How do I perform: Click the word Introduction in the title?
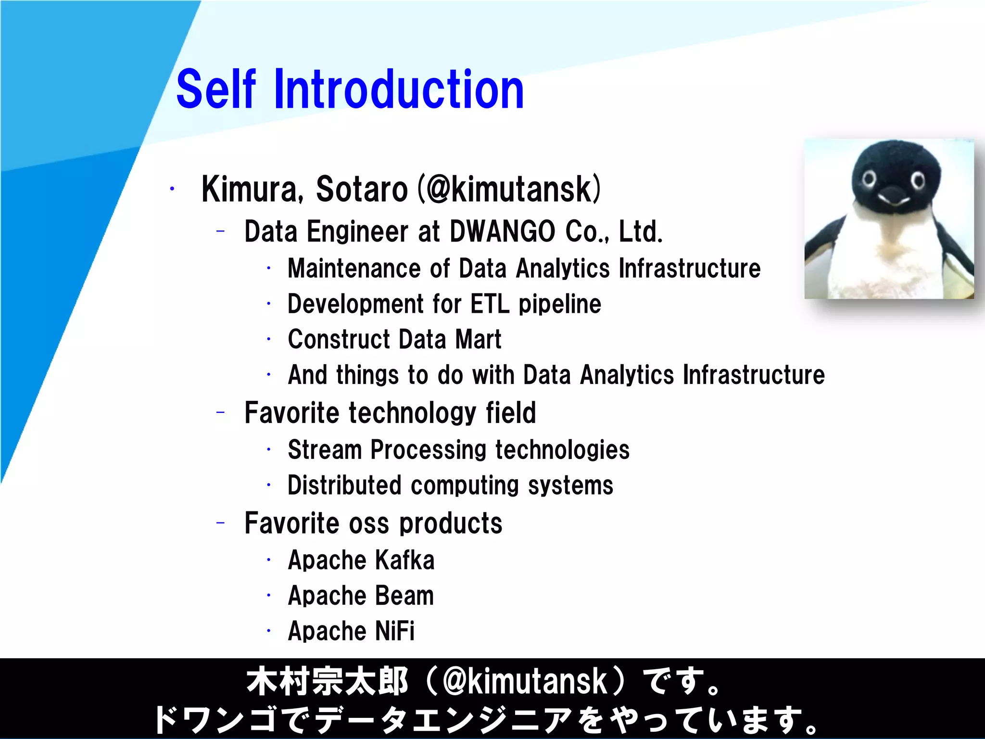click(399, 89)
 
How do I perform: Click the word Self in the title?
click(216, 89)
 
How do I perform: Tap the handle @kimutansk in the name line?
click(509, 189)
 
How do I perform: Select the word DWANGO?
click(502, 231)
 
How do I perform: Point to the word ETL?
click(489, 304)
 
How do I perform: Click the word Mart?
click(478, 339)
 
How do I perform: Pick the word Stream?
click(325, 450)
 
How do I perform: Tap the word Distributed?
click(344, 485)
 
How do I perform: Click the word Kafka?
click(404, 560)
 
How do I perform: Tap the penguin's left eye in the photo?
click(869, 179)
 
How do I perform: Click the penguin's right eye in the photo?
click(918, 181)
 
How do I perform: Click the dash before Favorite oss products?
click(221, 522)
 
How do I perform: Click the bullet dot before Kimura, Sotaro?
click(172, 189)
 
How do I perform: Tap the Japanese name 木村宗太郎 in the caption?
click(327, 682)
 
